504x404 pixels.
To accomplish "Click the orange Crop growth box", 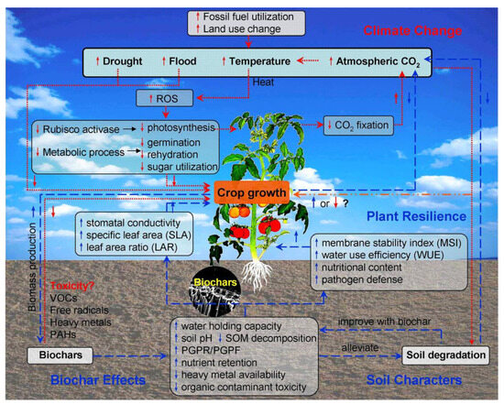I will pyautogui.click(x=253, y=192).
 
